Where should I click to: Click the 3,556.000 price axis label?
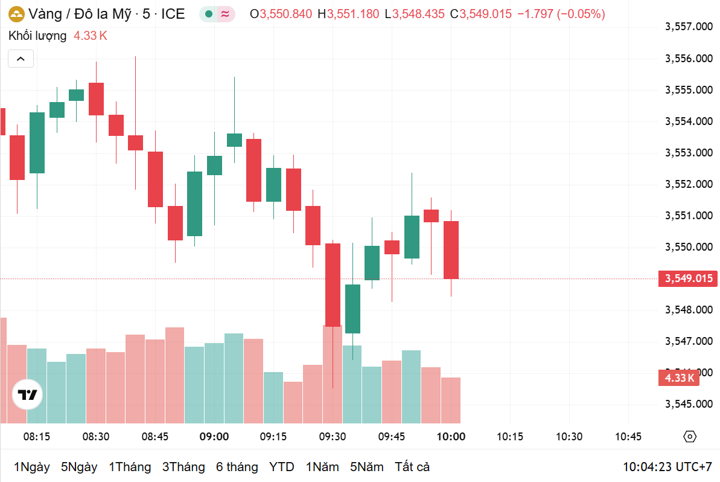pos(689,59)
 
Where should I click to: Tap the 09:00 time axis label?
pos(214,437)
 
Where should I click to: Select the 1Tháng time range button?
pos(130,467)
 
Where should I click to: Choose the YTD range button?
pos(281,467)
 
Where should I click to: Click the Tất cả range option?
pos(412,467)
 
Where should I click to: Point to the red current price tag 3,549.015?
pos(689,278)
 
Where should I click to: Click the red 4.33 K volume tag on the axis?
pos(679,378)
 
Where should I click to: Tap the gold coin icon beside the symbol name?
pos(16,14)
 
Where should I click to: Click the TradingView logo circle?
pos(28,395)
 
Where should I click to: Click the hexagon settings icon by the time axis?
pos(690,437)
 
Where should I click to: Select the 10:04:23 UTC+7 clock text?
pos(667,467)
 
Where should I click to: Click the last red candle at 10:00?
pos(451,249)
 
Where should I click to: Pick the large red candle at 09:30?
pos(333,284)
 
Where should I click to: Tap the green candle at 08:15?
pos(37,143)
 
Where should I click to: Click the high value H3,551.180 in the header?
pos(348,14)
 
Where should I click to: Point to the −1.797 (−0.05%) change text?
pos(561,14)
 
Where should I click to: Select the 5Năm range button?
pos(366,467)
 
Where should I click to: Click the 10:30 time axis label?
pos(569,437)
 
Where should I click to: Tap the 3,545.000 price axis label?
pos(689,404)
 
